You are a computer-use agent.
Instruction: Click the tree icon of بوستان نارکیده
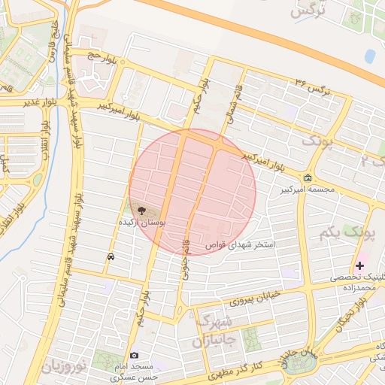[143, 212]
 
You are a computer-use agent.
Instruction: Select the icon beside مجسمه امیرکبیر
[308, 177]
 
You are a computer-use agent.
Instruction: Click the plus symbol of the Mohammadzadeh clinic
[359, 265]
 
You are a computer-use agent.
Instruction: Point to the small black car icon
[111, 256]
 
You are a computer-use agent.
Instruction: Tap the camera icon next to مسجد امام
[134, 355]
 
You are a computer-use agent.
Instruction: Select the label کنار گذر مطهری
[234, 368]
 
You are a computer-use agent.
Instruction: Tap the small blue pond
[369, 56]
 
